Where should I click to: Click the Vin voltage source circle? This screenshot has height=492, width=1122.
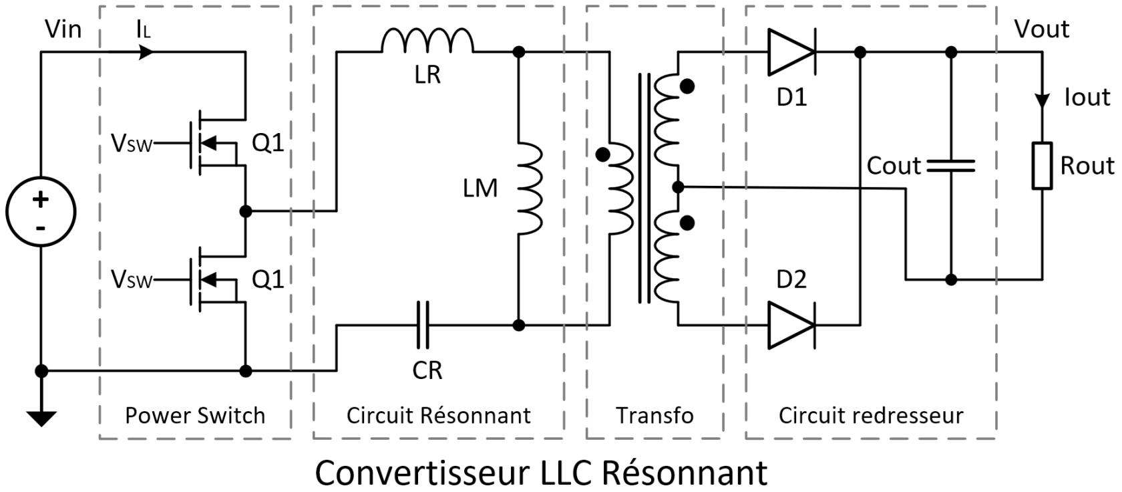[41, 211]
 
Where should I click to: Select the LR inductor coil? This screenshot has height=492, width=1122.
[427, 41]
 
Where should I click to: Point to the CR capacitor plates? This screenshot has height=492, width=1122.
[423, 326]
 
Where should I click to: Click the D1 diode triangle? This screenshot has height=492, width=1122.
[791, 52]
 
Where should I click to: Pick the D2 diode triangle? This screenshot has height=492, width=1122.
[791, 326]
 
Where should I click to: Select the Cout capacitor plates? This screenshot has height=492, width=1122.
[951, 166]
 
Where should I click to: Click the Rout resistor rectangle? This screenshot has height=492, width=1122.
[1042, 165]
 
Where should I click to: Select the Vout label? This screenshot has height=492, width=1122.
[1041, 29]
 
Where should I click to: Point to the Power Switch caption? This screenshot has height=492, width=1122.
[195, 416]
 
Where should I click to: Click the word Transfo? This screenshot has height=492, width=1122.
[654, 416]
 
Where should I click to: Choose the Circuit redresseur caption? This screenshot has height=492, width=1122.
[871, 416]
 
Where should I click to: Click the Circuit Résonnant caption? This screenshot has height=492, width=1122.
[438, 416]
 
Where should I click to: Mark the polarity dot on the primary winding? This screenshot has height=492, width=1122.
[602, 154]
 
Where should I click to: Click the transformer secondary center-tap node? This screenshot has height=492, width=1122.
[678, 187]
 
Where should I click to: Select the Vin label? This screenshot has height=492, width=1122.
[63, 29]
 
